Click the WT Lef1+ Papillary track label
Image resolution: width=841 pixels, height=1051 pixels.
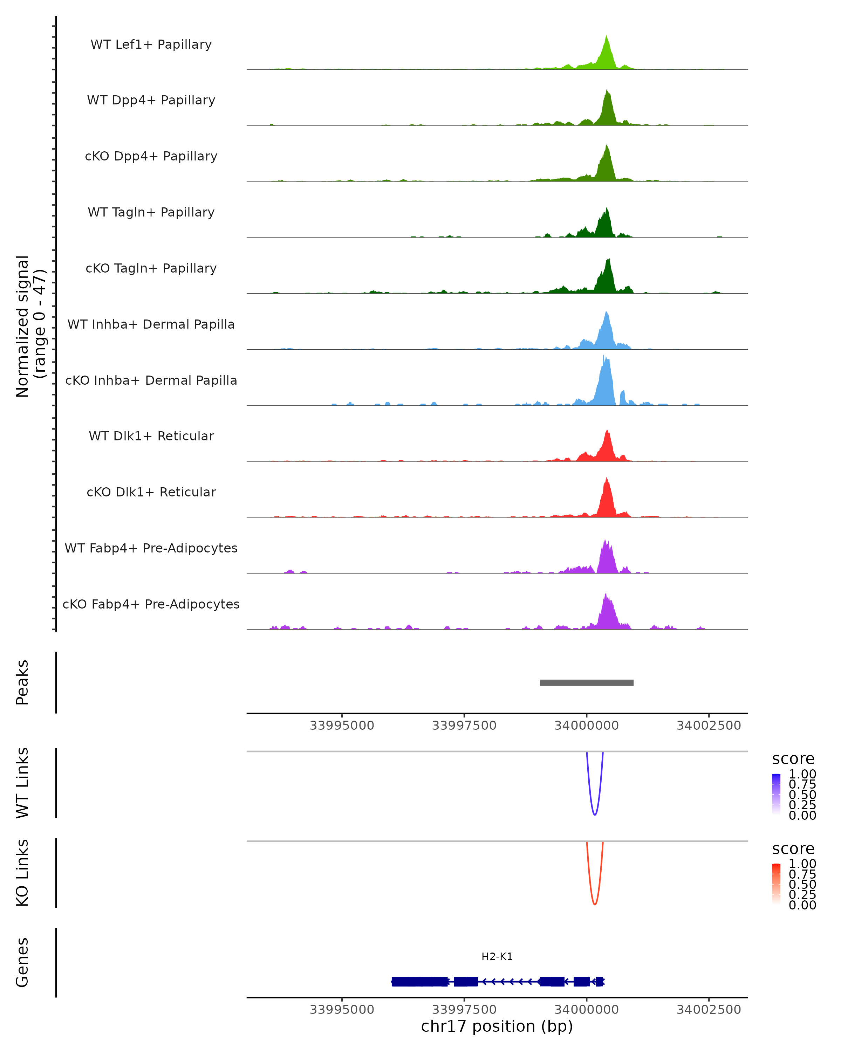coord(151,44)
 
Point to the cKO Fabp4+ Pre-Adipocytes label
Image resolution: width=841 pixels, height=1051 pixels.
coord(151,604)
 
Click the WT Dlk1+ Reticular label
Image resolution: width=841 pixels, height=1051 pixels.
coord(151,436)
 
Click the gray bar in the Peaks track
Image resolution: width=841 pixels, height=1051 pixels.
coord(587,682)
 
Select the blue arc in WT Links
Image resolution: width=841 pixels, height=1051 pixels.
coord(595,813)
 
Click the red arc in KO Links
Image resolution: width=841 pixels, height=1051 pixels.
coord(595,903)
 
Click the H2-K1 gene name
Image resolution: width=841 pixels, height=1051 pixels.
coord(497,956)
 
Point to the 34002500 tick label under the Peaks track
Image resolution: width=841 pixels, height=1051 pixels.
coord(709,726)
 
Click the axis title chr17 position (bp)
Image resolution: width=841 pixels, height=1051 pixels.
coord(497,1026)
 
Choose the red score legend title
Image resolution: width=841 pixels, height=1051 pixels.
coord(793,849)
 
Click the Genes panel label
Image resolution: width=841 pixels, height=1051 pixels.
coord(22,962)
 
